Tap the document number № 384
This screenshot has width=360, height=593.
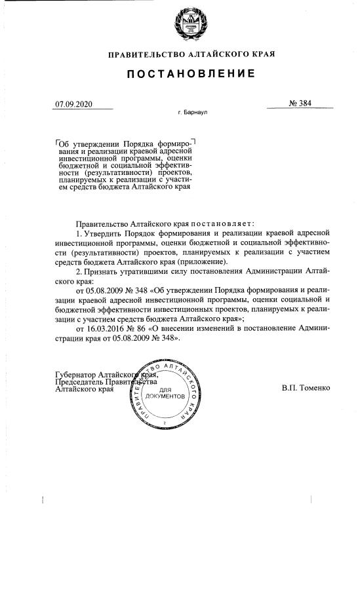tap(300, 104)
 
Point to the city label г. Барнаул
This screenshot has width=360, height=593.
tap(192, 113)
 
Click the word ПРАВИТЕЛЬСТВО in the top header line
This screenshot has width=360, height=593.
tap(144, 54)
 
